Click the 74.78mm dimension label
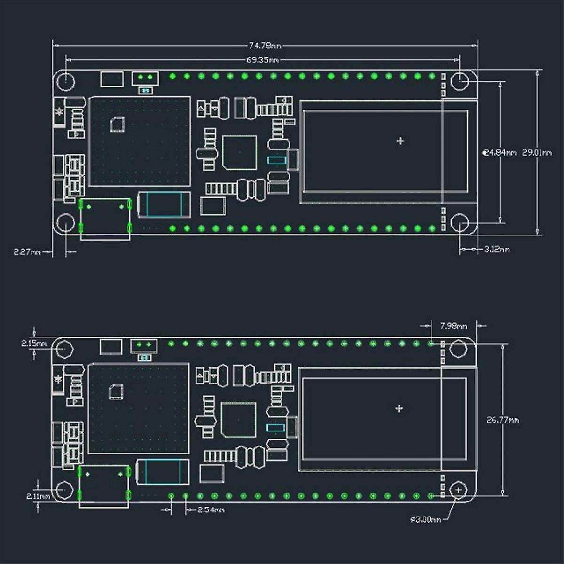265,46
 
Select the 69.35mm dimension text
262,60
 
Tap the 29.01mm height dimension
537,152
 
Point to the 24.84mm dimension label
500,152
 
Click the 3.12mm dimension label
497,249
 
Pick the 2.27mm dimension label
28,252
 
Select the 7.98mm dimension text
454,325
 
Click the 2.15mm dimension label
34,344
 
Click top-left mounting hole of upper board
66,81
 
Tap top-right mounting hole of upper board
460,81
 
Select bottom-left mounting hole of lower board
64,490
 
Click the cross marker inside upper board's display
400,141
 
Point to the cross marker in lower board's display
399,408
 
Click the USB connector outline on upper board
105,218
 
